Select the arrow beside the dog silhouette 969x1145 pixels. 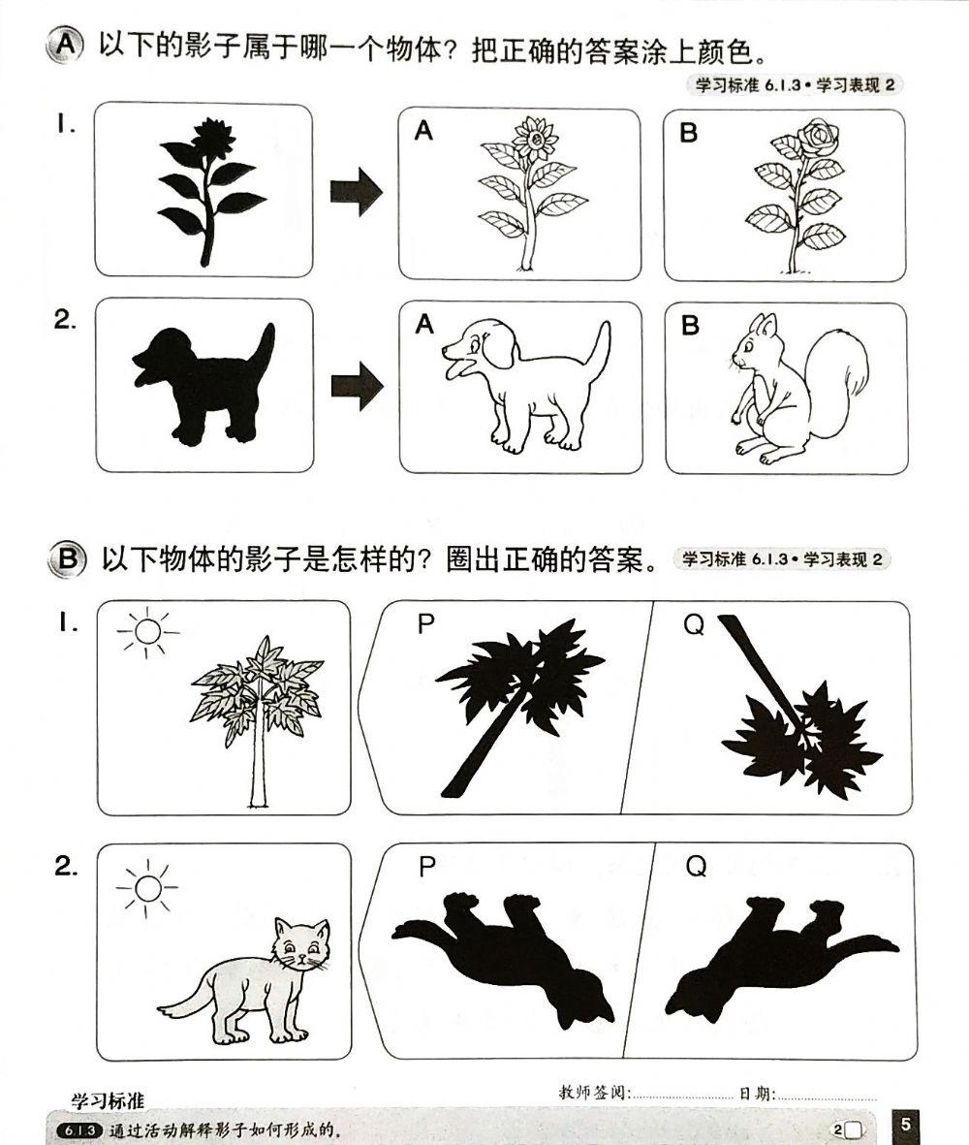tap(356, 386)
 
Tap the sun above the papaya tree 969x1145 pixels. tap(146, 631)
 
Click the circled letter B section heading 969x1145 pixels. tap(66, 559)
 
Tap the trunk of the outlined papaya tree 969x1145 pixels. tap(258, 766)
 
